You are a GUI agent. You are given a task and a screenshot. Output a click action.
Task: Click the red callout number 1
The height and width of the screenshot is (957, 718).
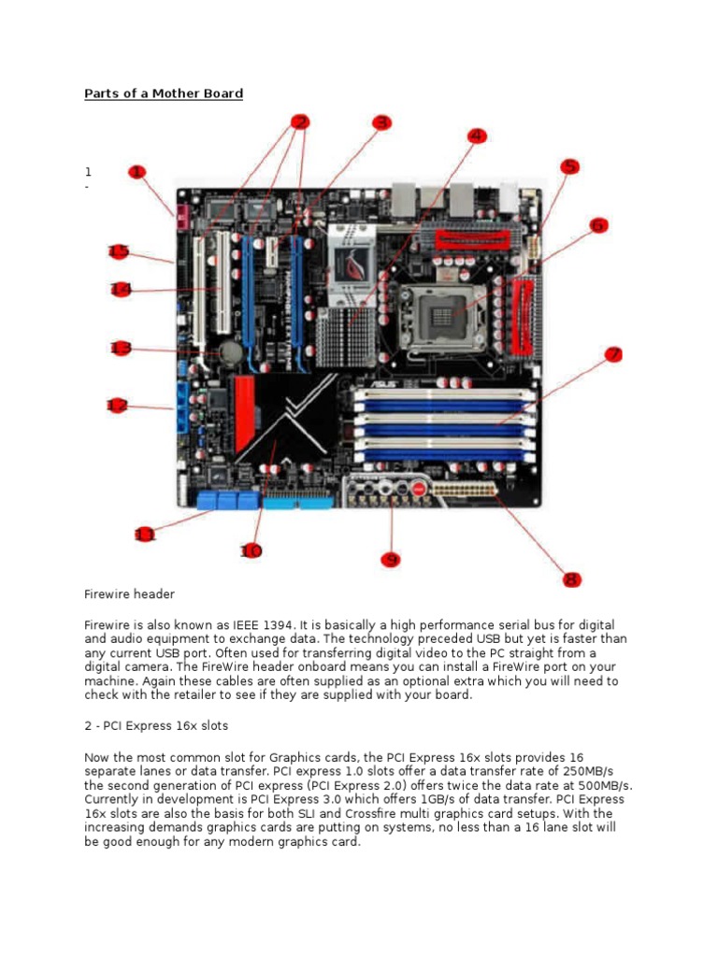[x=137, y=172]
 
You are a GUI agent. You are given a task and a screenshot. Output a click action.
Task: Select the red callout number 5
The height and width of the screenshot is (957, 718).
[x=569, y=166]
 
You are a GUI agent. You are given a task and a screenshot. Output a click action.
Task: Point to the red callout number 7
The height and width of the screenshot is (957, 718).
[x=613, y=354]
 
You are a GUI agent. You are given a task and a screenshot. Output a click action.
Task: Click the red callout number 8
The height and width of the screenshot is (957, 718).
[x=571, y=579]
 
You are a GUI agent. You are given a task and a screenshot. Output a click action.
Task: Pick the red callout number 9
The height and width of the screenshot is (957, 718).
[x=390, y=559]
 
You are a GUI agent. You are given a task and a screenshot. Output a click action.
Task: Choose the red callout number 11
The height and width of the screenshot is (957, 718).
[x=144, y=535]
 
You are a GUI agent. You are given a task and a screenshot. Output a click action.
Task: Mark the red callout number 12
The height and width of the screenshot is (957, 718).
[x=117, y=405]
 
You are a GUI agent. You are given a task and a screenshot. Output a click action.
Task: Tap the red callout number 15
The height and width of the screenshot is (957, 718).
[x=118, y=250]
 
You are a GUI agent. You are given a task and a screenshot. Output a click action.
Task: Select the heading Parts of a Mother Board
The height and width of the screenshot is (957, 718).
[x=164, y=93]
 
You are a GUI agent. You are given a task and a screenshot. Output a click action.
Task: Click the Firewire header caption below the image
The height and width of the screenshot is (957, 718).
[x=129, y=594]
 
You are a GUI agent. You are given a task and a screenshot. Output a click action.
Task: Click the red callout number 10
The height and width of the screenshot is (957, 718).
[x=251, y=550]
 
